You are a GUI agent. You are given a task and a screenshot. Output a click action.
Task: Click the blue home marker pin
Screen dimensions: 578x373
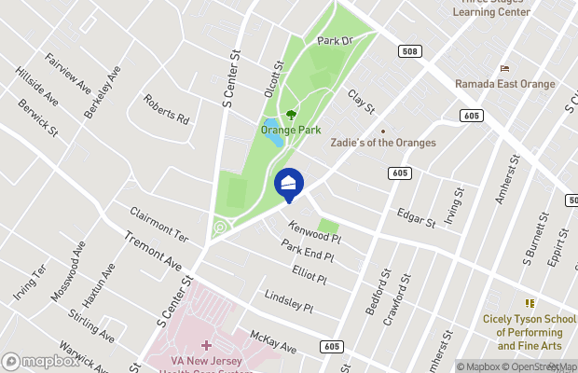(290, 184)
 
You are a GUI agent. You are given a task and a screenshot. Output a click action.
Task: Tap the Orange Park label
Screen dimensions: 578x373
(290, 131)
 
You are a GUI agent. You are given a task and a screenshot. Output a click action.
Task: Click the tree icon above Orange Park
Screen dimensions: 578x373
(291, 115)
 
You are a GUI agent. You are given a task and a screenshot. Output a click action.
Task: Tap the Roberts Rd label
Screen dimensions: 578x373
(167, 109)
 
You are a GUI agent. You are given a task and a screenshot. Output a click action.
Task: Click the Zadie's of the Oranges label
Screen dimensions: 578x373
(383, 143)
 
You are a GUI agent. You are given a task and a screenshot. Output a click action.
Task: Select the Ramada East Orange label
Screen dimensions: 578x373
(504, 84)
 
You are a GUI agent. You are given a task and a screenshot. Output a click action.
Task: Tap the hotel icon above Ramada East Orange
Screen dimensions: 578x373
(505, 68)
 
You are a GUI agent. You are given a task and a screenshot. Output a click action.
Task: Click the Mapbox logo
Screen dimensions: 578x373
(38, 361)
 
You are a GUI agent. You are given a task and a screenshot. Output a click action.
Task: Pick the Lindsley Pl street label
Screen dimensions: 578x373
(288, 300)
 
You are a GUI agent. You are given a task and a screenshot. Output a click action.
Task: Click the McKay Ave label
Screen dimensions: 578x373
(273, 341)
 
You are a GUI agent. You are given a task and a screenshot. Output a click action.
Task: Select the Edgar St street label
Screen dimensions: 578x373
(416, 217)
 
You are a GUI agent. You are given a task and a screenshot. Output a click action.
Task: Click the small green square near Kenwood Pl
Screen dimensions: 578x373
(327, 227)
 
